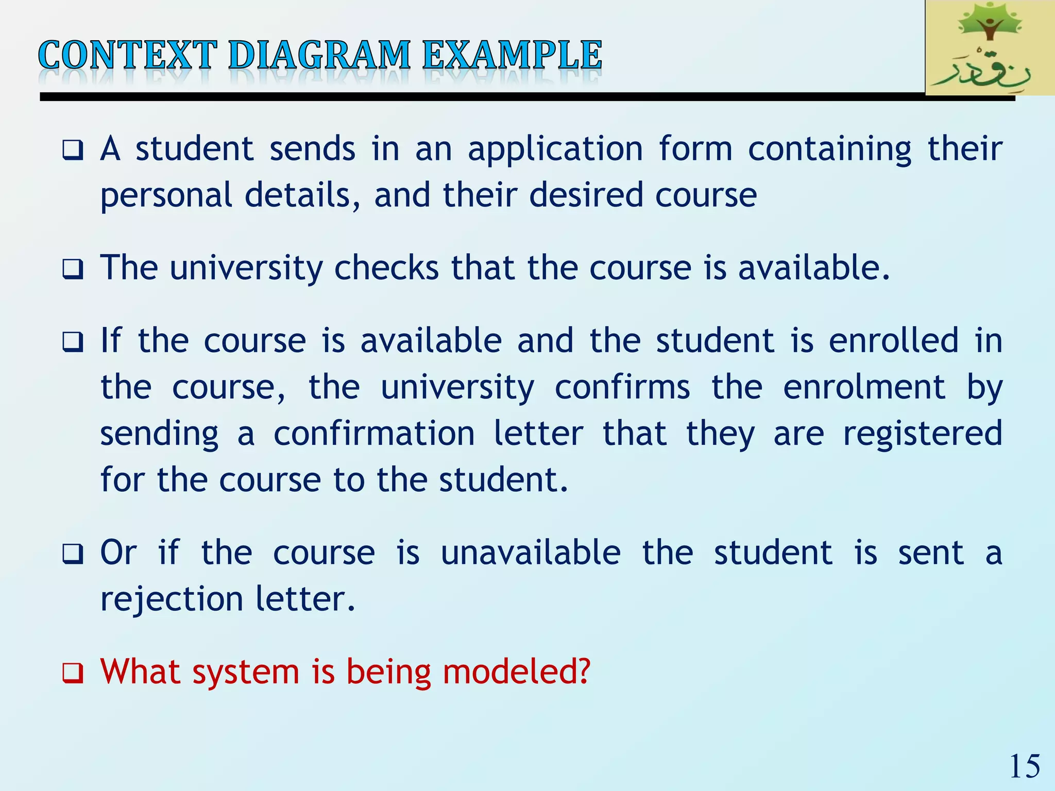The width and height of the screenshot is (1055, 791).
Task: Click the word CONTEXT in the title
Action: pos(127,55)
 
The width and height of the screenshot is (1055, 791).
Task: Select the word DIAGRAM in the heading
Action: pos(319,55)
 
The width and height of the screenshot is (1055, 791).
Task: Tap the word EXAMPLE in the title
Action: pos(512,55)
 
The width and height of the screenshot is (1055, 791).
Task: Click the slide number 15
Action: pos(1024,766)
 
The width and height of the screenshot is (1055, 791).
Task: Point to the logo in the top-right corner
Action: pos(990,48)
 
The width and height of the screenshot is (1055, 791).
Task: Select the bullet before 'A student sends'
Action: pos(73,150)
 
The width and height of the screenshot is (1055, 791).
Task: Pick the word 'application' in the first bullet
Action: pos(555,150)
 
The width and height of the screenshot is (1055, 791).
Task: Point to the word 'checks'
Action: pos(386,268)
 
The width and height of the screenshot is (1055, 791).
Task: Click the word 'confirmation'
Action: pos(374,434)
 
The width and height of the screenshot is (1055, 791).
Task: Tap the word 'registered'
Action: pos(922,434)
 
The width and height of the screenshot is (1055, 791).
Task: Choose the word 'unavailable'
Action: pos(531,553)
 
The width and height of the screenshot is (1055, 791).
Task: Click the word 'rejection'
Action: pos(172,599)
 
